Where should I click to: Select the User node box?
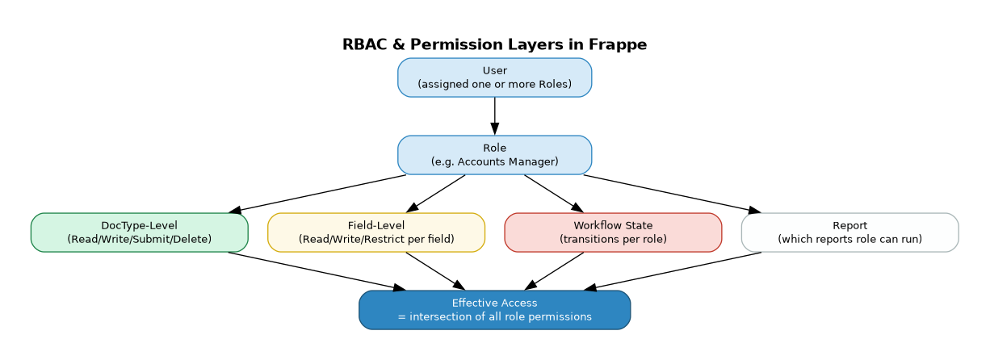click(x=494, y=77)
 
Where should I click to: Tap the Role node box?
click(x=494, y=155)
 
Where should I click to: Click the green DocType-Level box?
click(x=139, y=232)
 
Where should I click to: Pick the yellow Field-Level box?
click(x=376, y=232)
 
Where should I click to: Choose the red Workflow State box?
click(x=613, y=232)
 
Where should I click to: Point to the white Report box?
click(x=849, y=232)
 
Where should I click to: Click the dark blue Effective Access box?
click(x=494, y=310)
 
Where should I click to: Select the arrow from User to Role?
click(x=494, y=115)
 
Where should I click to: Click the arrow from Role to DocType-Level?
click(x=318, y=194)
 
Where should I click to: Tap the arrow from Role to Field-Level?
click(x=436, y=194)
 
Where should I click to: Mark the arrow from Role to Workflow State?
click(x=553, y=194)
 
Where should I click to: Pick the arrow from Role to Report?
click(x=670, y=194)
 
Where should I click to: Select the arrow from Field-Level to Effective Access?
click(x=435, y=271)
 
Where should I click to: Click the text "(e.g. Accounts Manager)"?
click(x=494, y=161)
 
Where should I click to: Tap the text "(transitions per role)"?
click(x=613, y=239)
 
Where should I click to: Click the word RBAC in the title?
click(x=360, y=44)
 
